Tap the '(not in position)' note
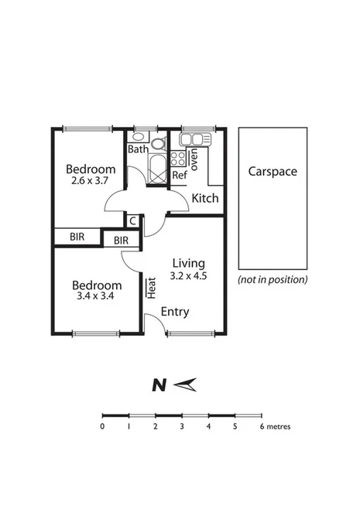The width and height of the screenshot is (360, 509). pos(272,279)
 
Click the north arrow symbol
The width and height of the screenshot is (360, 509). pos(187,384)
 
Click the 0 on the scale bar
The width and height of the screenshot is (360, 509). pos(102,426)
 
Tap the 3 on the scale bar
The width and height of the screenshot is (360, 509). pos(182,426)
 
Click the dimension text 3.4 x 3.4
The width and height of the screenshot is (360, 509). pos(96,295)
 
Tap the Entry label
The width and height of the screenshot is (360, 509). pos(174,312)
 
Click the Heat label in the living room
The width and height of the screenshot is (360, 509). pos(152,287)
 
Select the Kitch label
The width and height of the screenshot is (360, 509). pos(205,198)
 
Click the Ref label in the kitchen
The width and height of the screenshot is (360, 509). pos(180,176)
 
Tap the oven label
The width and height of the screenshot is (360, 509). pos(194,159)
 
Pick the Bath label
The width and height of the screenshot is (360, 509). pos(138,149)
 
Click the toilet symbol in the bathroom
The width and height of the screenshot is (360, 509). pos(158,143)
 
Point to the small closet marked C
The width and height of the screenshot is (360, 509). pos(133,221)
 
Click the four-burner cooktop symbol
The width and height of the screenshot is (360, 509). pos(178,159)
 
